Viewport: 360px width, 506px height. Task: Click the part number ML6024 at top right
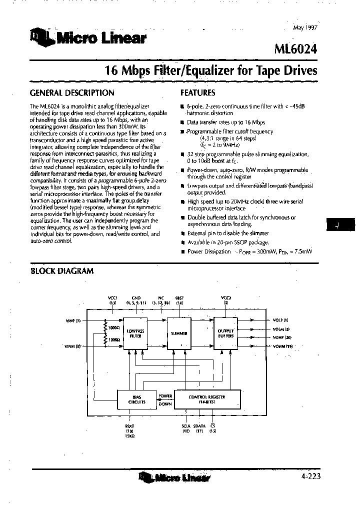[296, 49]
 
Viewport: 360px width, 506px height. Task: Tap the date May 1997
[304, 28]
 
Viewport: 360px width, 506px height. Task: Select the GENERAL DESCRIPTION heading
[72, 93]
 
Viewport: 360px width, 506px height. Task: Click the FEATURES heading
[197, 93]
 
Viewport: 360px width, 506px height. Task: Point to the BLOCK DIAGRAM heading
[62, 271]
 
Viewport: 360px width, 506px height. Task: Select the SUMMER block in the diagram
[179, 333]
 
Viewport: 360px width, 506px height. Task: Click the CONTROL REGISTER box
[207, 398]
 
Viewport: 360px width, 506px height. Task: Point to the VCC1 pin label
[112, 298]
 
